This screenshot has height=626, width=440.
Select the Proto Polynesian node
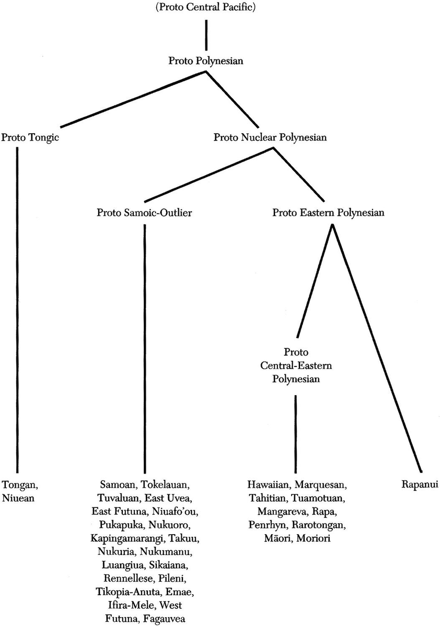pos(206,61)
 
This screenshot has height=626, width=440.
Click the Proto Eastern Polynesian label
pos(329,212)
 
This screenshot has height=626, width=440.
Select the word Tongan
pos(17,485)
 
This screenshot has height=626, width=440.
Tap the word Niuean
pos(18,498)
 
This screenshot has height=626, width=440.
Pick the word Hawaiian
pos(268,485)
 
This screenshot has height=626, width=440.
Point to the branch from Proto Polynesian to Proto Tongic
pos(133,99)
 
